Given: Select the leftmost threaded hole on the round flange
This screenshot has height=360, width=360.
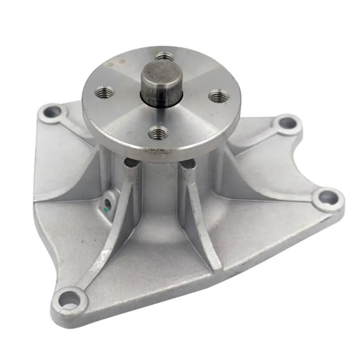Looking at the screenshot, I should click(103, 93).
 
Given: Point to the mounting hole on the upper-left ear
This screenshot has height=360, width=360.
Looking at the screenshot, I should click(54, 109).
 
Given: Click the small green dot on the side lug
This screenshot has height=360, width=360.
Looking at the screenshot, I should click(106, 209).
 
